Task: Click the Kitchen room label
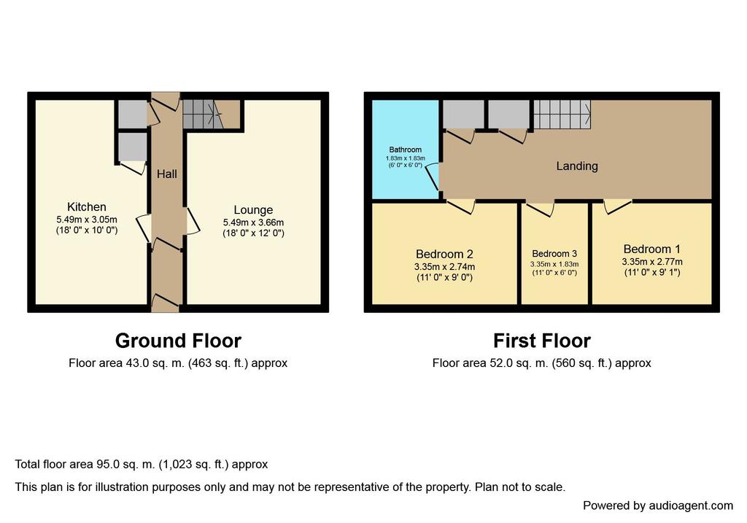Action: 87,207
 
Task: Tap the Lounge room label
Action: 253,210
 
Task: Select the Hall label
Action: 167,174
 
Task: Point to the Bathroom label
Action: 406,150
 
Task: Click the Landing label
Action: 577,166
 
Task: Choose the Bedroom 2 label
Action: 444,255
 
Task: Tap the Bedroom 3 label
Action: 554,254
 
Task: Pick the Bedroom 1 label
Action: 652,249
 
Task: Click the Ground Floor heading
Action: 178,341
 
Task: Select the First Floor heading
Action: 542,341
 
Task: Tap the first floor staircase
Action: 562,115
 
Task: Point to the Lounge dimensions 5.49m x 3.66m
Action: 253,222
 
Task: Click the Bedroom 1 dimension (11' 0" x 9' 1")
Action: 652,273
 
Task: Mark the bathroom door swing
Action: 433,177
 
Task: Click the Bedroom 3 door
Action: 541,209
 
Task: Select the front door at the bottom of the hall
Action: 165,301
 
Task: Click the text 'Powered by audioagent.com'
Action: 658,505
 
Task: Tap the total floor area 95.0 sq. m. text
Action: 142,465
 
